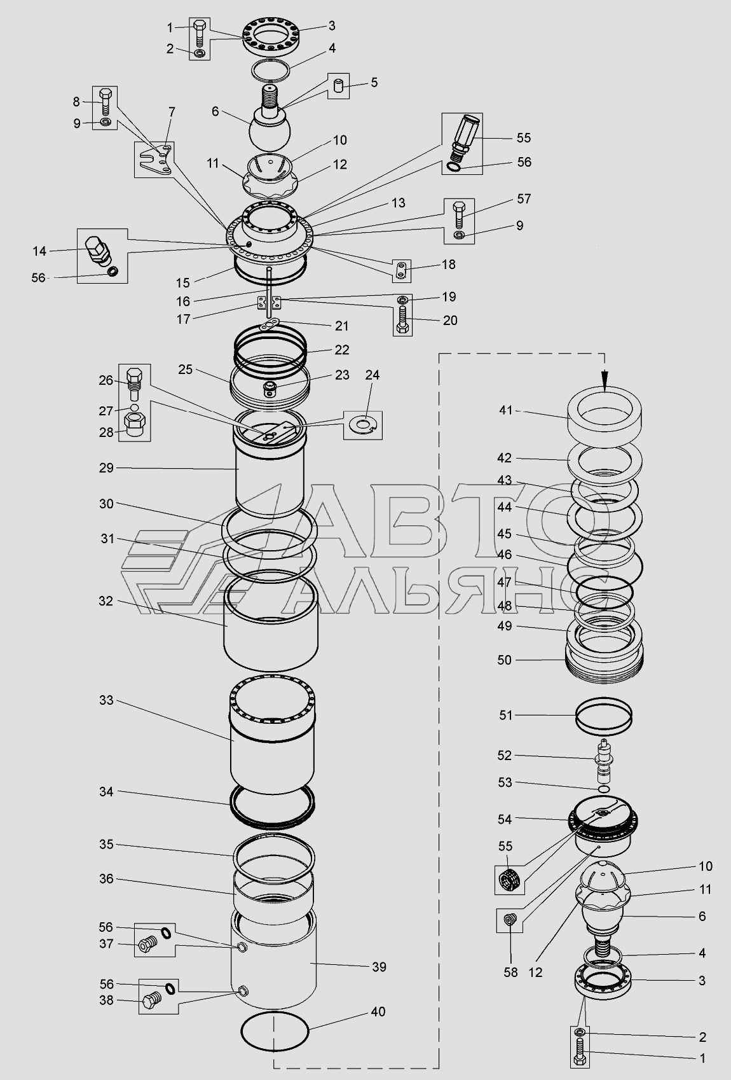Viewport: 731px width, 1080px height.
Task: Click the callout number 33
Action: (106, 700)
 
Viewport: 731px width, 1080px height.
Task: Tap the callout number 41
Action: (505, 411)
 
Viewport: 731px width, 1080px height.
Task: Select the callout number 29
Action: (106, 467)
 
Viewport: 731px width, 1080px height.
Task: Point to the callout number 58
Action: (511, 973)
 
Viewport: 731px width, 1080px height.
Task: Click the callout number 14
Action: (39, 251)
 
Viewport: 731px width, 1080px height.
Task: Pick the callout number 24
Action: (372, 375)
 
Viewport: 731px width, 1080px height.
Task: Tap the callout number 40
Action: (378, 1011)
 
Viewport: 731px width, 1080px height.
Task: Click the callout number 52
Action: (505, 755)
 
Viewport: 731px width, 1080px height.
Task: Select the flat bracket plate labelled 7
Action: (155, 160)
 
